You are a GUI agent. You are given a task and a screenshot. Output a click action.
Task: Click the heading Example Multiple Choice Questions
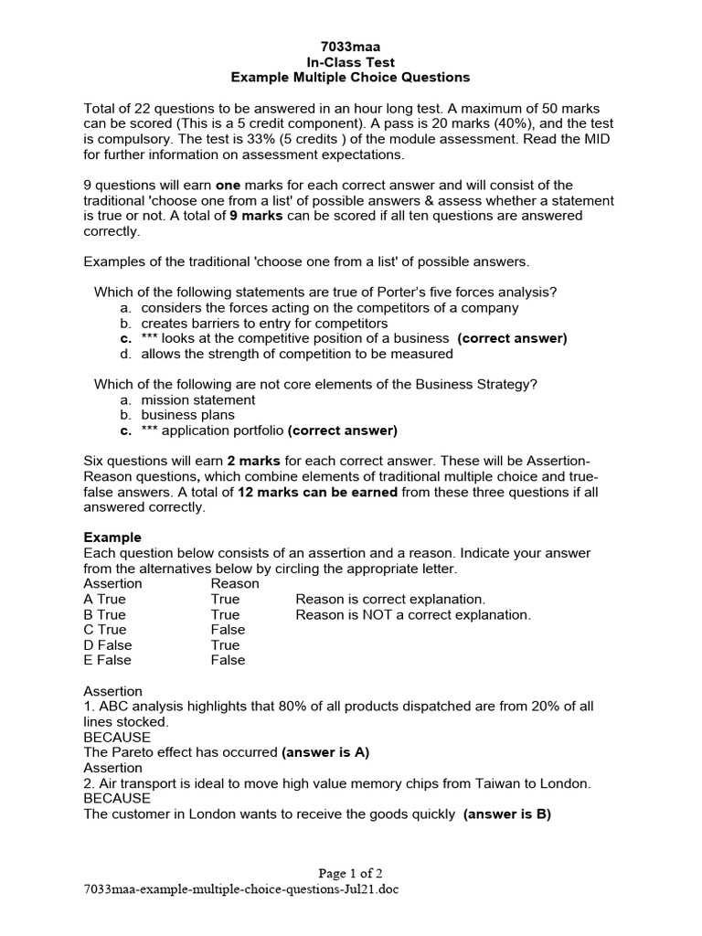click(349, 77)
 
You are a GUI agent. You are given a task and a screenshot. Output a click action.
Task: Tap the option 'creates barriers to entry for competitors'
click(264, 324)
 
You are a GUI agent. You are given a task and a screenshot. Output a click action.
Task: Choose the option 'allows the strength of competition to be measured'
click(296, 354)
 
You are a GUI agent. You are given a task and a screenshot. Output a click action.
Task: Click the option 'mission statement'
click(197, 399)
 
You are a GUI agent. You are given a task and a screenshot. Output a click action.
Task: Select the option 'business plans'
click(187, 415)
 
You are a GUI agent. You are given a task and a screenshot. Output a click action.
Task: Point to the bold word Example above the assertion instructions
click(112, 537)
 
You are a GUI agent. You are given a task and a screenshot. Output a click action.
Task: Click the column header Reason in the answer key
click(235, 583)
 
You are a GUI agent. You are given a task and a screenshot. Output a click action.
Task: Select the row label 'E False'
click(107, 660)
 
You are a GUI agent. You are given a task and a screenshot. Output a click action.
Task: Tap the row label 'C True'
click(105, 630)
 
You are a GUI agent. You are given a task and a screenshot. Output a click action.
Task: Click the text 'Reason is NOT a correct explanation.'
click(413, 614)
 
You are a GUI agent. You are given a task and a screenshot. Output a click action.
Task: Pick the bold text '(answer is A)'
click(324, 752)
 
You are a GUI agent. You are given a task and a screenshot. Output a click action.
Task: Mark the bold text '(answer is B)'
click(507, 814)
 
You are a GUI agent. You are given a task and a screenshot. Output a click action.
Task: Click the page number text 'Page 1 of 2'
click(350, 872)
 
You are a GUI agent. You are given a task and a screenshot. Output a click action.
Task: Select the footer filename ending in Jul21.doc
click(241, 888)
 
